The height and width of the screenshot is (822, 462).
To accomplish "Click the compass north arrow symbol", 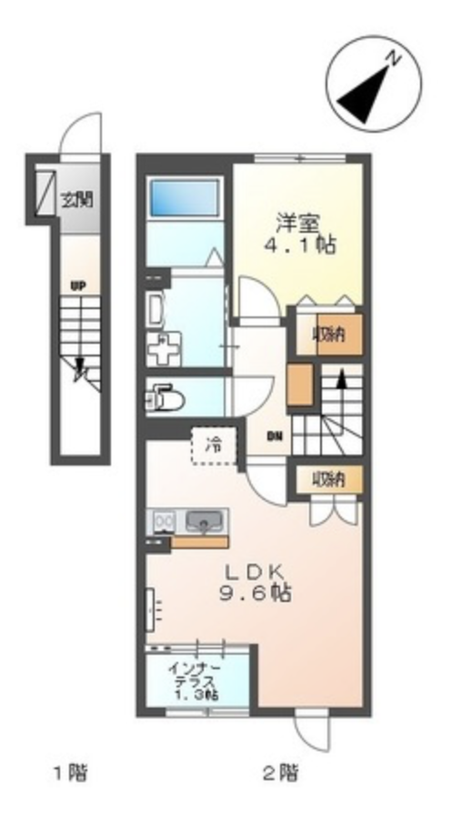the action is coord(374,84).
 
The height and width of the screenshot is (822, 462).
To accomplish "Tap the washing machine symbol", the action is coord(163,348).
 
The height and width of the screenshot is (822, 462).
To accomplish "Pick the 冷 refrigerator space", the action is coord(214,446).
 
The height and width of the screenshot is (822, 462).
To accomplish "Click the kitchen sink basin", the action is coord(205,522).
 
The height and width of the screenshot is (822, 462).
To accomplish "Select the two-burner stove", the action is coord(163,522).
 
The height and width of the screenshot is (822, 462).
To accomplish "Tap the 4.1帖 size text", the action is coord(299,245).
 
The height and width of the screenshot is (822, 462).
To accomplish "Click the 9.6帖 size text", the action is coord(256,593).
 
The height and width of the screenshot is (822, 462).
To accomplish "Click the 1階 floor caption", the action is coord(71,772).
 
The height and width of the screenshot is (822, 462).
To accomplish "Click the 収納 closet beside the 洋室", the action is coord(330,335).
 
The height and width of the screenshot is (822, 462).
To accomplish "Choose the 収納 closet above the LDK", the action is coord(329,479).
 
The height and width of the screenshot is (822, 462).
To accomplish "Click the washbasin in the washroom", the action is coord(155,310).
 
